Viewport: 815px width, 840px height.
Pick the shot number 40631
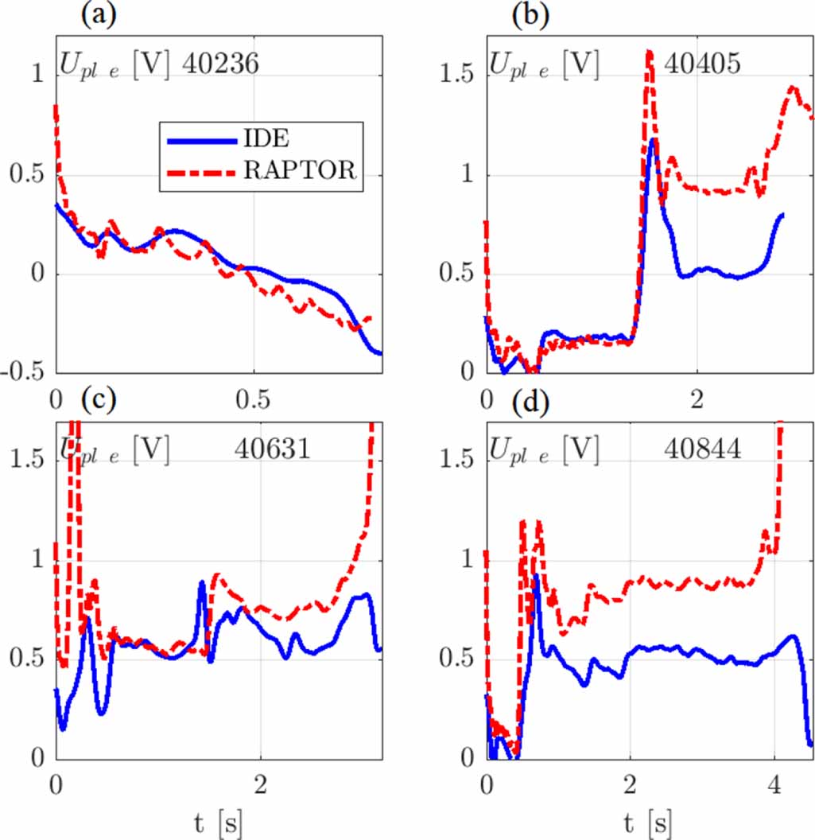(x=272, y=450)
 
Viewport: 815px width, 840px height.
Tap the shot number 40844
(x=702, y=450)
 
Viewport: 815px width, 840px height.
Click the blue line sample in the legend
(x=202, y=141)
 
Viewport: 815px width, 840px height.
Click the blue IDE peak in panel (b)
(x=653, y=140)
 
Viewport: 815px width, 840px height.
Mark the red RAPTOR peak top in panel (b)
(x=649, y=52)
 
